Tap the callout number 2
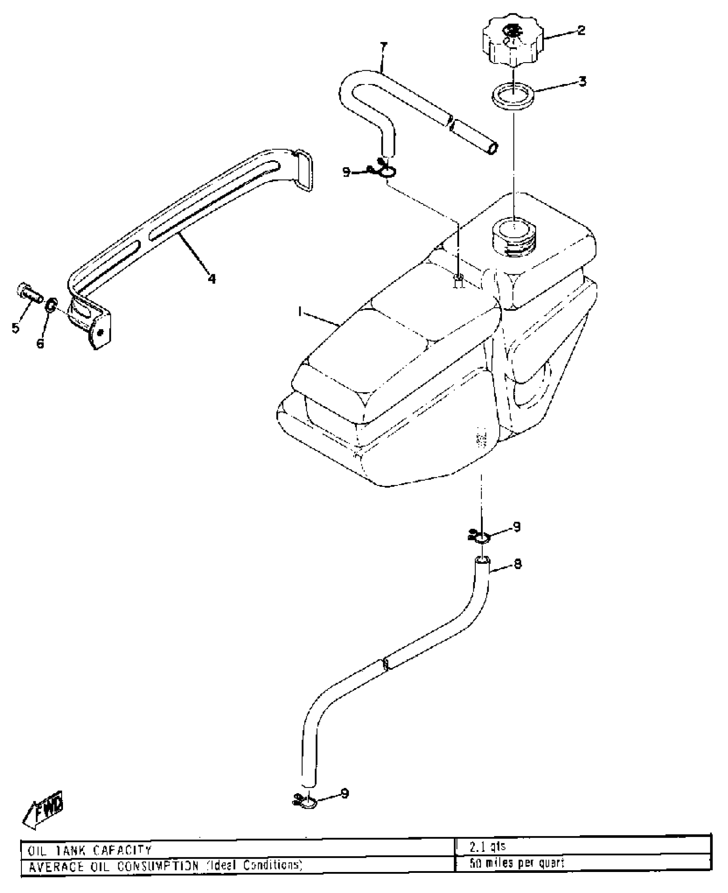coord(581,30)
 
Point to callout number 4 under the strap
coord(212,279)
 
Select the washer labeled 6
coord(51,305)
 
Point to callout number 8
coord(518,564)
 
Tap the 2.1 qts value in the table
coord(487,847)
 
